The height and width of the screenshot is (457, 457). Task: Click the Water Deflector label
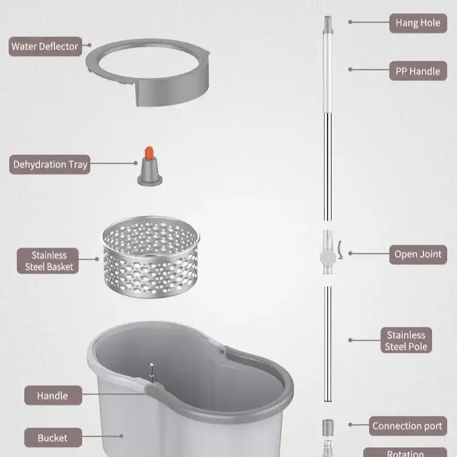click(x=45, y=46)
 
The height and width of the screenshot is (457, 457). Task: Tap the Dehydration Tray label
click(x=50, y=164)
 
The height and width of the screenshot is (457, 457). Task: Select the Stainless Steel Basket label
click(x=49, y=261)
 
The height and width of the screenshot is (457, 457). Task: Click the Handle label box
click(x=53, y=396)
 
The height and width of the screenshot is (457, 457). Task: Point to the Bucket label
click(x=53, y=438)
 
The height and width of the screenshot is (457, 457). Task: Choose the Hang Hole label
click(x=418, y=23)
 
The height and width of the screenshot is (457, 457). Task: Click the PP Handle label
click(x=418, y=71)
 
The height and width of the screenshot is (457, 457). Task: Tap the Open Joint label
click(x=418, y=254)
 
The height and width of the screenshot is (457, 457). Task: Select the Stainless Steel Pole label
click(x=406, y=341)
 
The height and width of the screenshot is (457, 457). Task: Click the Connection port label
click(x=407, y=426)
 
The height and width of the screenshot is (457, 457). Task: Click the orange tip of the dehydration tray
click(x=149, y=153)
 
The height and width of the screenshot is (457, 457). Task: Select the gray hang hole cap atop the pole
click(x=327, y=24)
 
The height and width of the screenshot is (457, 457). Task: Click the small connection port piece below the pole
click(x=327, y=427)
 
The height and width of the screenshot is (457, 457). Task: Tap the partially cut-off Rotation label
click(x=405, y=453)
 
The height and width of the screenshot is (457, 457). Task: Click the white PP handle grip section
click(x=327, y=72)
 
